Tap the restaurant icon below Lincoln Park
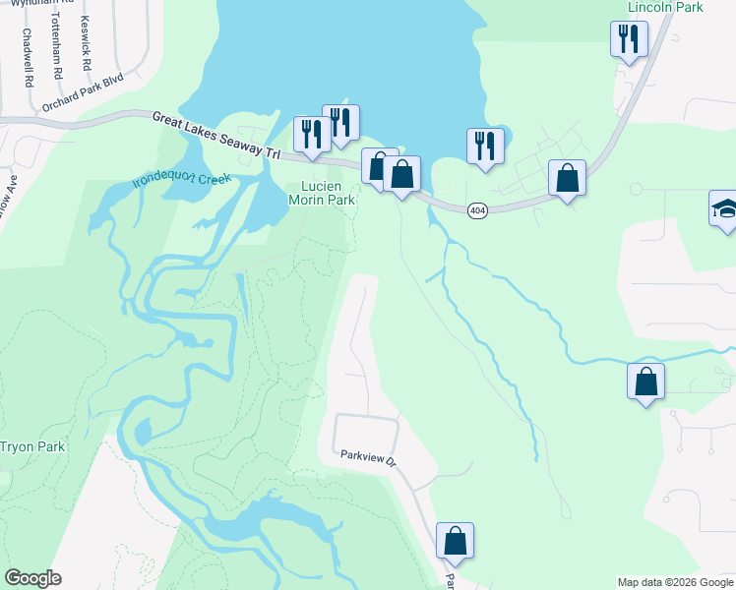point(629,39)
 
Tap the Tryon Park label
point(31,446)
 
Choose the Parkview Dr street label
point(367,457)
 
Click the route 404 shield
point(477,209)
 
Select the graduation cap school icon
point(725,208)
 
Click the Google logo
point(32,578)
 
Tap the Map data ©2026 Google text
point(674,582)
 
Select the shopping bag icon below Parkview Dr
point(455,540)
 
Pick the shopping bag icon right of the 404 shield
point(567,178)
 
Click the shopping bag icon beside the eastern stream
point(645,382)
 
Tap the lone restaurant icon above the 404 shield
point(485,146)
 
